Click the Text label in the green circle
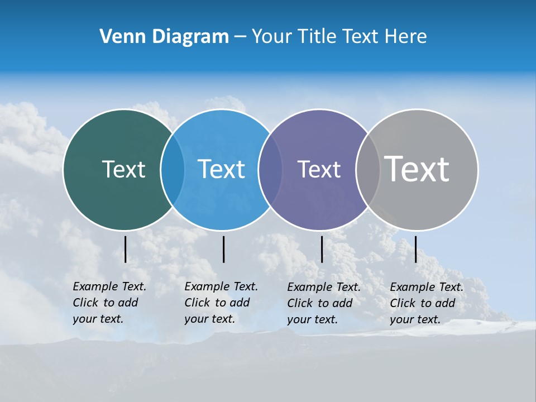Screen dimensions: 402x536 123,169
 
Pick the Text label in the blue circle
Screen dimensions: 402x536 221,169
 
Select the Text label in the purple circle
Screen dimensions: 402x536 319,169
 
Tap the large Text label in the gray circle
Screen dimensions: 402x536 417,169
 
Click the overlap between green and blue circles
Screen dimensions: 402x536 173,169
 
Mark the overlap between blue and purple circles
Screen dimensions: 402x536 270,169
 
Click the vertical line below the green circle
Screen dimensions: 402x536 126,249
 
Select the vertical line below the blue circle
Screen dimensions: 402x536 223,249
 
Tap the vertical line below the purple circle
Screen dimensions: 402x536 322,249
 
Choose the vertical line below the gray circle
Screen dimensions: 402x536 415,249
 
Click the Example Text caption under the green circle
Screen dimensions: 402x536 109,303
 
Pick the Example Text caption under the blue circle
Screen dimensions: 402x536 221,303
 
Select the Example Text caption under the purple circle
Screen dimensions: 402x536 323,303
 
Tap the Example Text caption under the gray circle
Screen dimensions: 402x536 426,303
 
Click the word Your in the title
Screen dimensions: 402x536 272,36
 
